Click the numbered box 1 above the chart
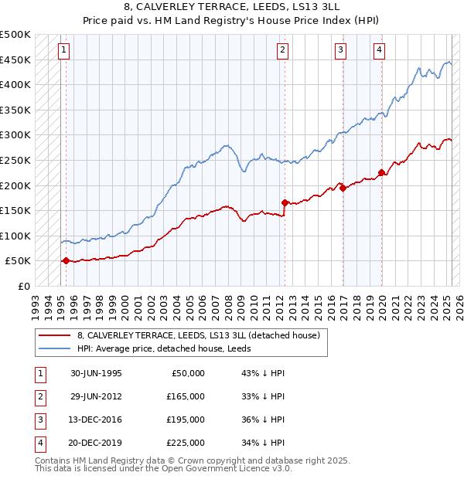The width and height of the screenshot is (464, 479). (63, 50)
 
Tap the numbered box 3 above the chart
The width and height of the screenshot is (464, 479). (340, 50)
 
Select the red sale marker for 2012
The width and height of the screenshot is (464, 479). (285, 203)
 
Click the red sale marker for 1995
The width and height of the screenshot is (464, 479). (66, 261)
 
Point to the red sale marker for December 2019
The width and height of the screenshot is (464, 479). (381, 172)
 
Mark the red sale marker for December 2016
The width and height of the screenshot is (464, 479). (343, 188)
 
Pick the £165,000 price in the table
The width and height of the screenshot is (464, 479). (186, 396)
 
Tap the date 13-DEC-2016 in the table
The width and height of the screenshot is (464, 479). (96, 420)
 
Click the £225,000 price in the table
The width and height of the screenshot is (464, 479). (186, 443)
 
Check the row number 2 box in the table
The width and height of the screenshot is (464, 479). (38, 396)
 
